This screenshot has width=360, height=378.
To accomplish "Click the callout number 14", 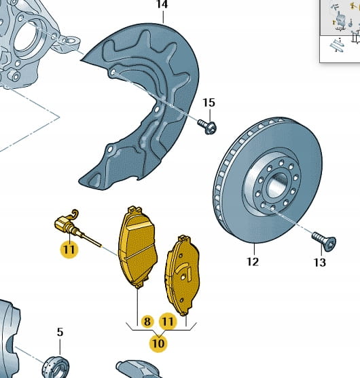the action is tap(162, 4).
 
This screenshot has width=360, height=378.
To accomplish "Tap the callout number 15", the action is tap(209, 102).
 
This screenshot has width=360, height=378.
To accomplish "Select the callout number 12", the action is tap(253, 261).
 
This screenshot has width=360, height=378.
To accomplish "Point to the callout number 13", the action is tap(320, 262).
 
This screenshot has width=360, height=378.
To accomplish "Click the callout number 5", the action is tap(60, 332).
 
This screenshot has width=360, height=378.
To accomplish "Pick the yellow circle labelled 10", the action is tap(158, 343).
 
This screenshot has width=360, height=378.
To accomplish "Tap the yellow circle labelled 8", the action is tap(147, 321).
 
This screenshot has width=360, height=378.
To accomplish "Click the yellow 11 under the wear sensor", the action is tap(69, 249).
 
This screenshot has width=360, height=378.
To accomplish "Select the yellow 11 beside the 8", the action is tap(168, 322).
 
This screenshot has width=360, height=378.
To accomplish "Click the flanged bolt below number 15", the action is tap(207, 127).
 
